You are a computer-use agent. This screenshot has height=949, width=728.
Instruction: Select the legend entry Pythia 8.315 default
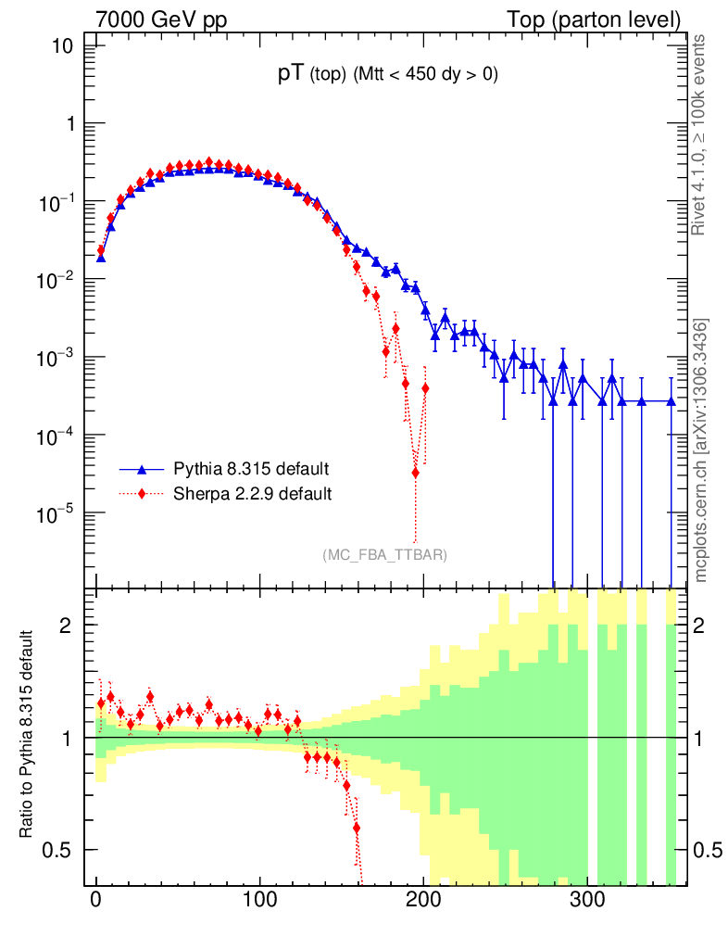251,468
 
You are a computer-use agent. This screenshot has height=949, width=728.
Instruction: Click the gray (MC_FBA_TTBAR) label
385,555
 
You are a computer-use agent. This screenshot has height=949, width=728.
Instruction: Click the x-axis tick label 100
260,900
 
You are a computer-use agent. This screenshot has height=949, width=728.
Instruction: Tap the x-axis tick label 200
424,900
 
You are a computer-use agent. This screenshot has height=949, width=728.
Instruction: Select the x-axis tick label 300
588,900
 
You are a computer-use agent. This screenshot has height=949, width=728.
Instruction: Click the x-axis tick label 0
96,900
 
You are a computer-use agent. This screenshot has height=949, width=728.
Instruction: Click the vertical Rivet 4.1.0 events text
700,134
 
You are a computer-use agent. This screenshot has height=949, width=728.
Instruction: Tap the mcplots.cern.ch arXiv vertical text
701,449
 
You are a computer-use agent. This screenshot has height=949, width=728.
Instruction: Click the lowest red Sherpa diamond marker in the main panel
415,473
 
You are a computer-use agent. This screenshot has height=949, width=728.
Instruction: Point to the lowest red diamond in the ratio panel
357,828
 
